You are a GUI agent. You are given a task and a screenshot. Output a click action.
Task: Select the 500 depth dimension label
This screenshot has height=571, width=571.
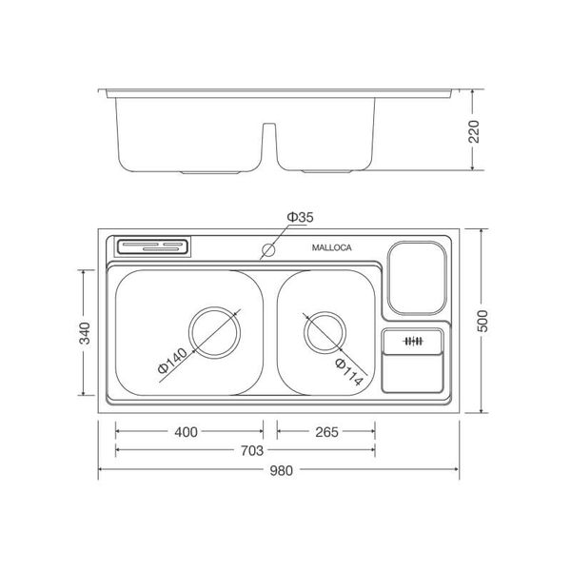(487, 322)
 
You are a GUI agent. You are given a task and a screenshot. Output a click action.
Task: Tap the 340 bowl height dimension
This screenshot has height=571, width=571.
(85, 333)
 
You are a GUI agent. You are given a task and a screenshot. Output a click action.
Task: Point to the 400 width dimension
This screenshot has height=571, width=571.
(186, 431)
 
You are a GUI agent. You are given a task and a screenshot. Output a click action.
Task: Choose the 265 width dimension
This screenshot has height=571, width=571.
(325, 431)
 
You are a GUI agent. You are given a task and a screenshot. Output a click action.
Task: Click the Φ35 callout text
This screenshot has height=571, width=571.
(301, 218)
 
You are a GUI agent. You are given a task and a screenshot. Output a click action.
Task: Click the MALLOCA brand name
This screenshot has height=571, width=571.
(332, 247)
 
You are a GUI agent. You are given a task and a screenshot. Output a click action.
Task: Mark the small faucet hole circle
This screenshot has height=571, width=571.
(268, 251)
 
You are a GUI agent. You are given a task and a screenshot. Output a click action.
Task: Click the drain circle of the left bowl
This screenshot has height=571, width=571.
(212, 332)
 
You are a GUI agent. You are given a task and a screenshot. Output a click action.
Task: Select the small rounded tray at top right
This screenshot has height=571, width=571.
(417, 277)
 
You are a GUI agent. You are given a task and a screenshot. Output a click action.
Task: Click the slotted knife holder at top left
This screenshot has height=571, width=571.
(153, 246)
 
